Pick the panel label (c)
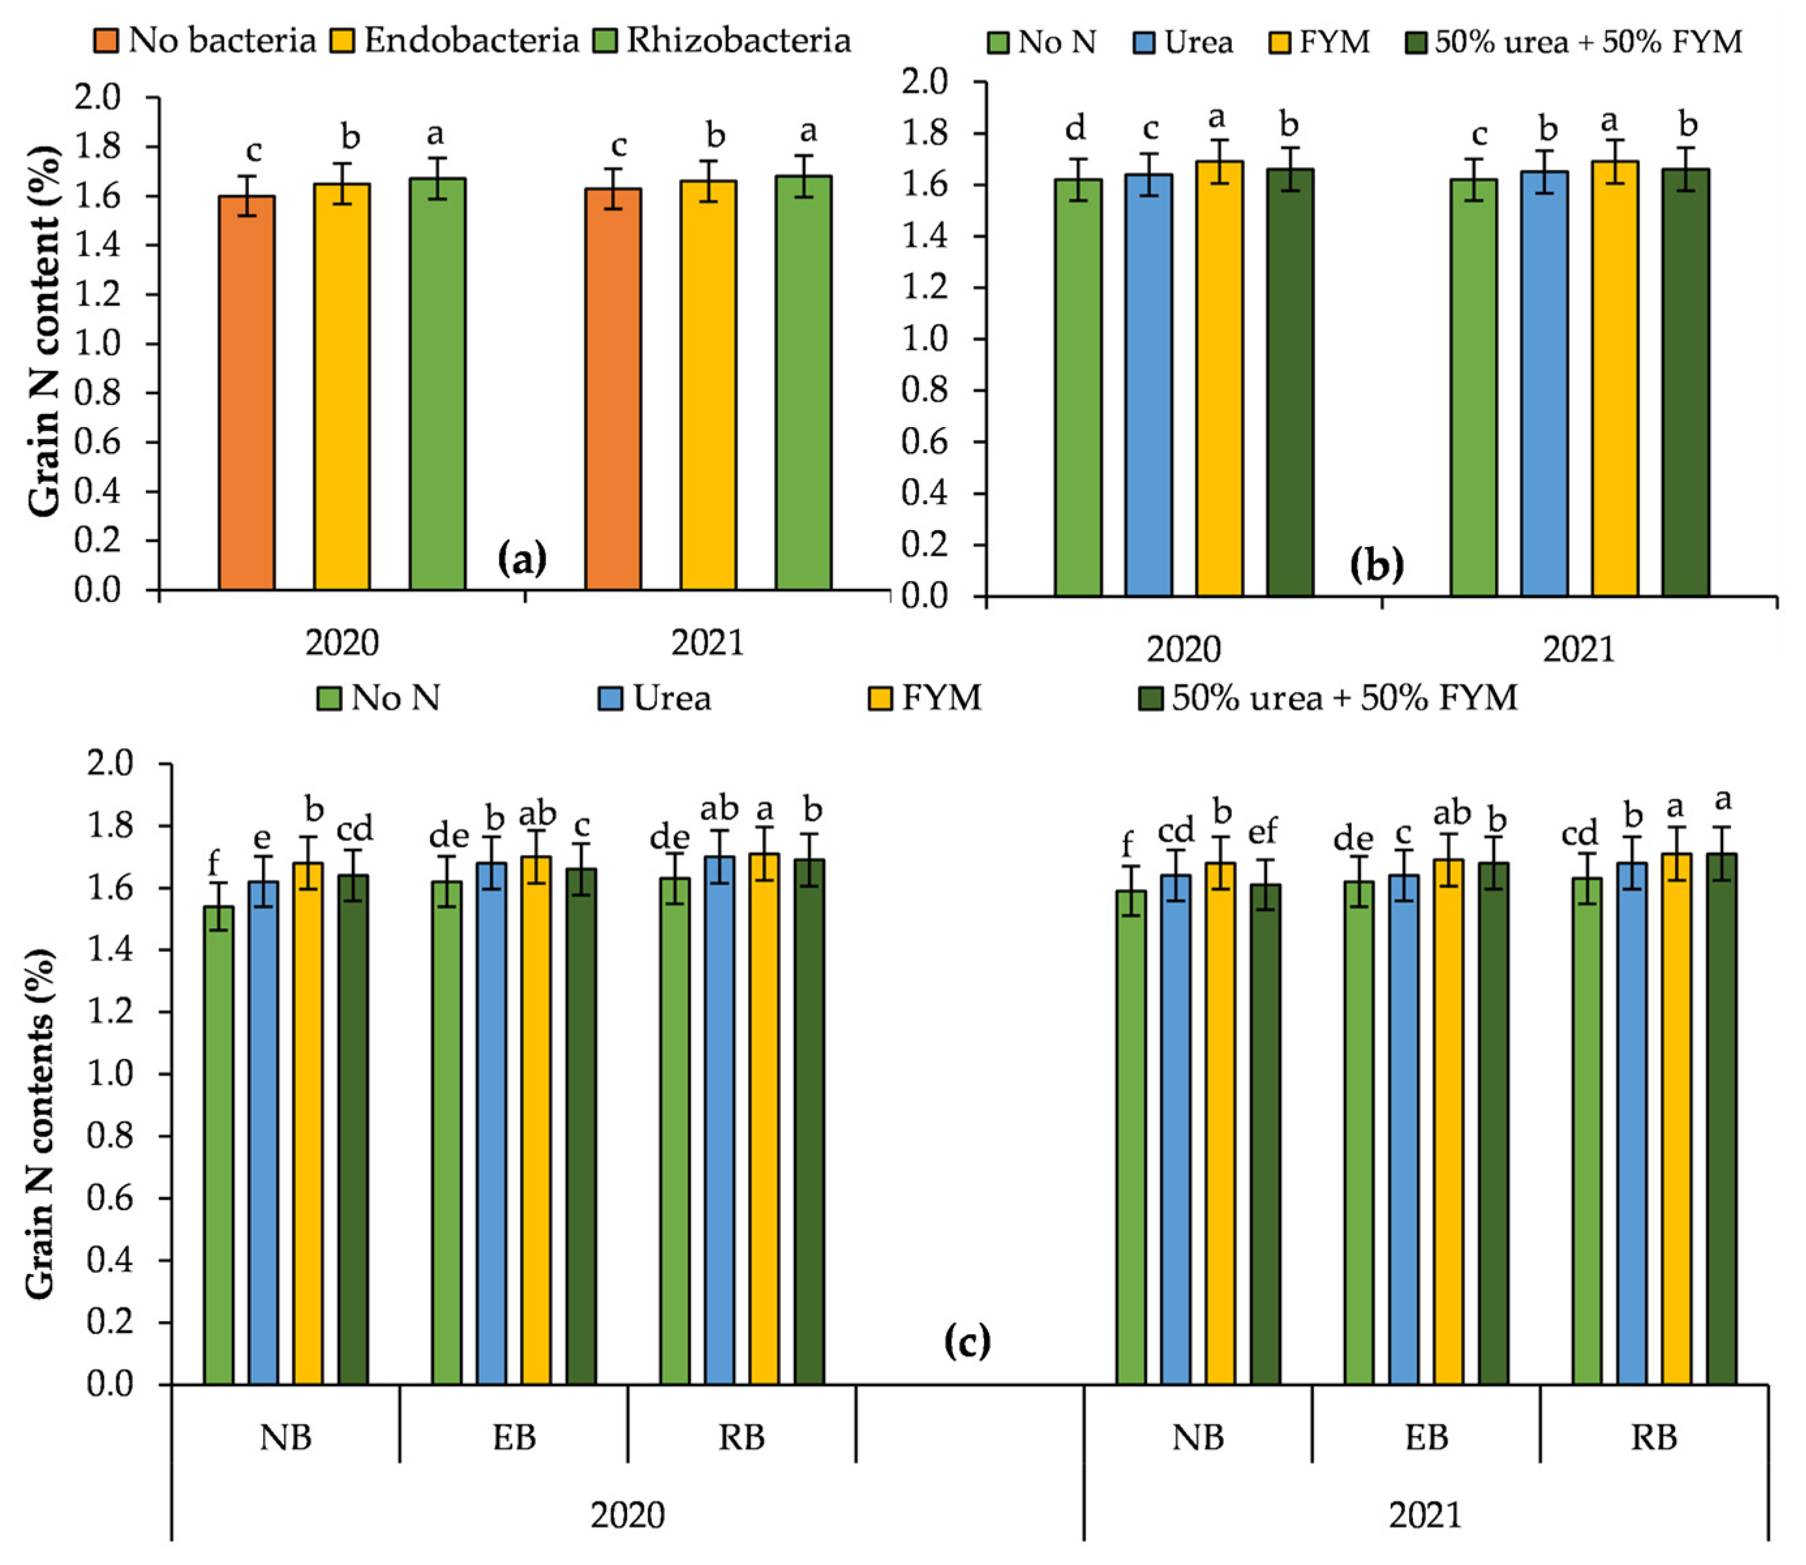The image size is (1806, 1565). (967, 1341)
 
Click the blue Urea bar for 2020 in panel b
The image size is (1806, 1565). (1148, 384)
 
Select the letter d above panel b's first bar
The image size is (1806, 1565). (1076, 128)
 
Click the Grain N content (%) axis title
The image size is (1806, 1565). (46, 332)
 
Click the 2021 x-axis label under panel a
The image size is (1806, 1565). (707, 644)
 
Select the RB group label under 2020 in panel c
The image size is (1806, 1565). (741, 1437)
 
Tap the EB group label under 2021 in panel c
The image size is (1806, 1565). (1425, 1437)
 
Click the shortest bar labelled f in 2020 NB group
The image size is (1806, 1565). (218, 1144)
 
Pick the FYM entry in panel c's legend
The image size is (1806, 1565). (925, 698)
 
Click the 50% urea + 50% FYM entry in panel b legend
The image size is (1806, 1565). (1573, 41)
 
